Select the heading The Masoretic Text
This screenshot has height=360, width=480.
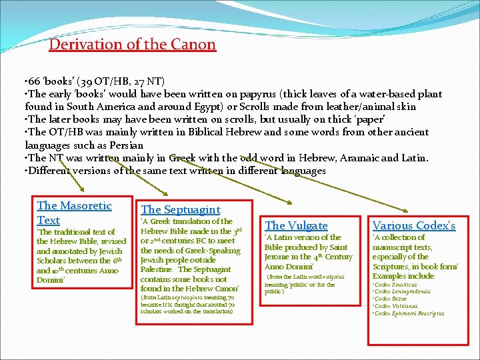pos(74,213)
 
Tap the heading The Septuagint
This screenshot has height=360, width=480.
pos(180,209)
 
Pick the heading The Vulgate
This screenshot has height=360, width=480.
pos(296,225)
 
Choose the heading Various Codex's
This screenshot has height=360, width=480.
pos(413,225)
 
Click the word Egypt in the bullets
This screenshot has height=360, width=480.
pos(204,107)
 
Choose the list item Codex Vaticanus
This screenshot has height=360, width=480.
pos(395,306)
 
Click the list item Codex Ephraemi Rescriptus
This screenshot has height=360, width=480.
pos(409,313)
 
